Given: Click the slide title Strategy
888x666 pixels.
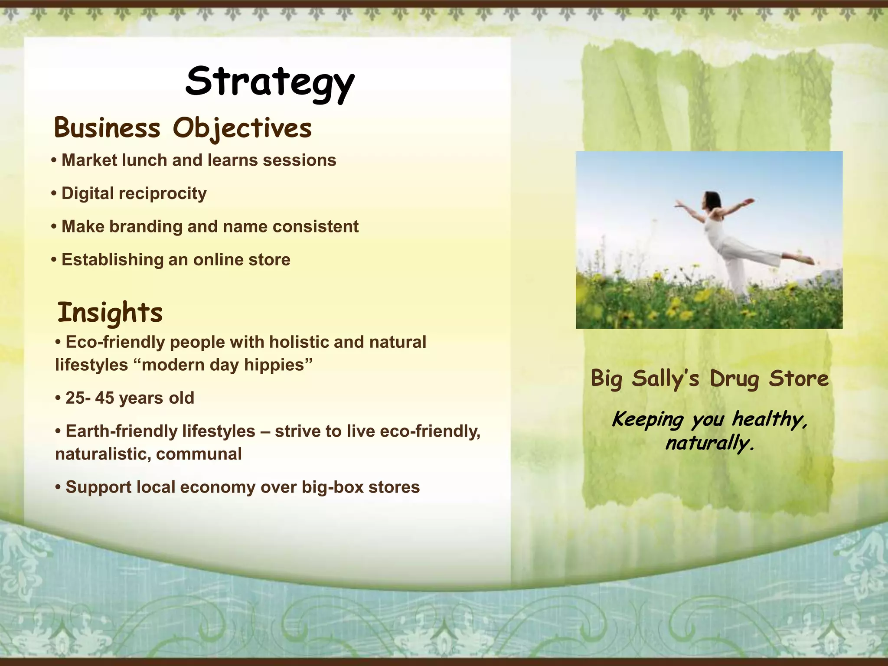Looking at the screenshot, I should pos(270,82).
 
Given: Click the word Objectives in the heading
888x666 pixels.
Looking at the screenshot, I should pos(242,129).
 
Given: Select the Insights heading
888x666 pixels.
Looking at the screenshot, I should pos(110,313).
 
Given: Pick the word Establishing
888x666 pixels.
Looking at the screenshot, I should pos(112,260).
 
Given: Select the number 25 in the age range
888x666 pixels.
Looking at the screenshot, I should pos(75,398).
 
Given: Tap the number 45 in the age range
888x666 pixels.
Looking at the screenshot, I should pos(104,398).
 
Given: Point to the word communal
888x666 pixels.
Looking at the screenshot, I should pos(199,454).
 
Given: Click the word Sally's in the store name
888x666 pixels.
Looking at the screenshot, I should pos(666,379).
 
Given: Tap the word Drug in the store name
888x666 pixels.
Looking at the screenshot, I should pos(734,379).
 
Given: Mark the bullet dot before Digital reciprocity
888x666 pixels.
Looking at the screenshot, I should pos(54,194).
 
